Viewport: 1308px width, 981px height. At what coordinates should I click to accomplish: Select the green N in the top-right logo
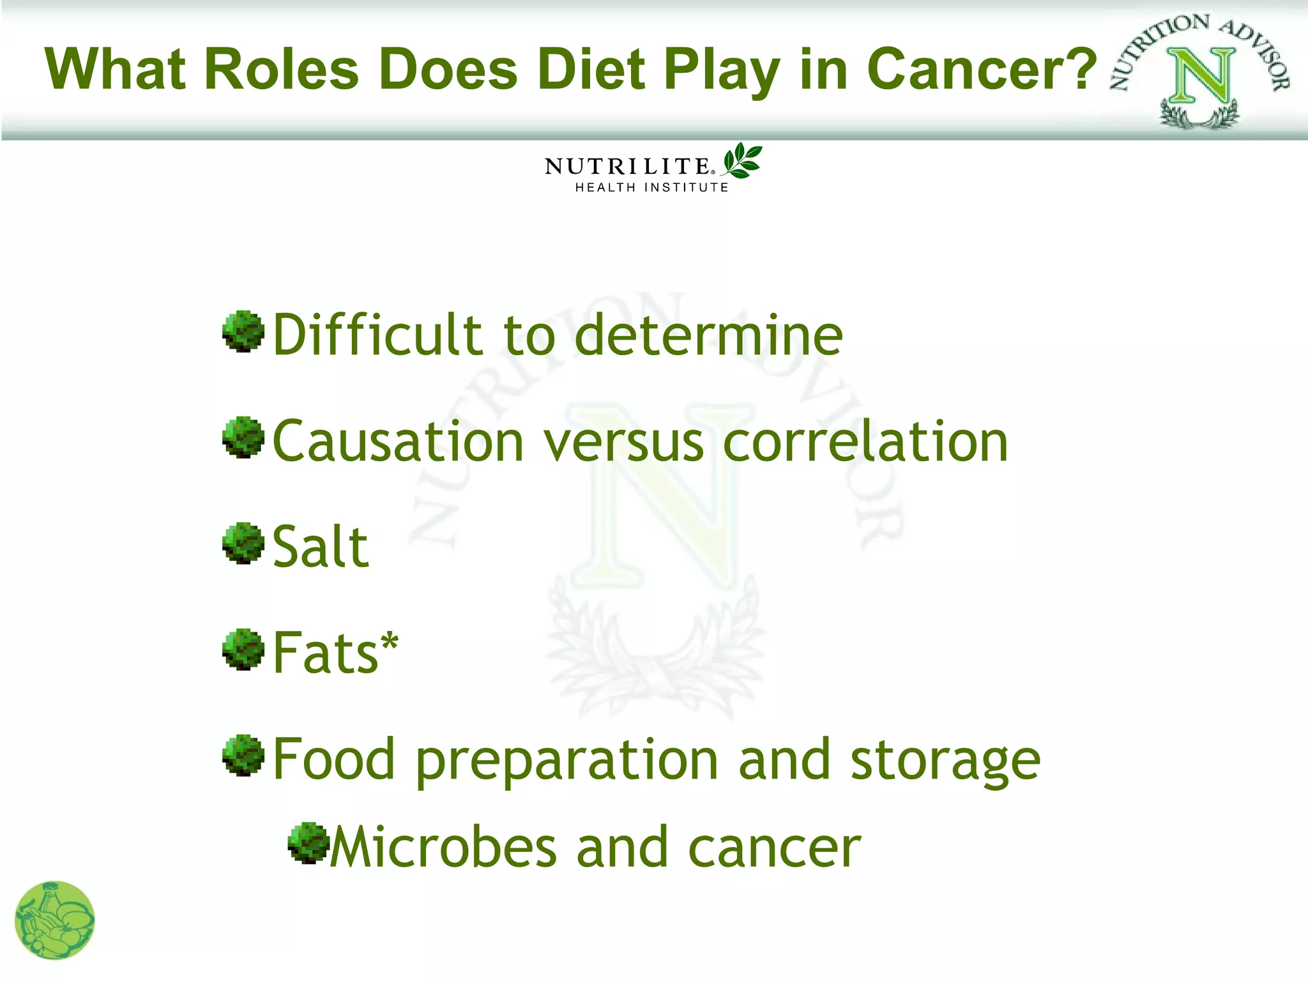(x=1201, y=77)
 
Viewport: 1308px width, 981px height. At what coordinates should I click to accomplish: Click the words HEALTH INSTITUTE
(x=651, y=188)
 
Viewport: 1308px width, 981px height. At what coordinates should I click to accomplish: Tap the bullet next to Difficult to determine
(x=243, y=331)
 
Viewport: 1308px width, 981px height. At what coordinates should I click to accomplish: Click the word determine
(x=709, y=335)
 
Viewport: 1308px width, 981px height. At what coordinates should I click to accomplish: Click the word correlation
(x=865, y=442)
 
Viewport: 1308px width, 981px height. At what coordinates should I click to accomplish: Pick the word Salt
(x=320, y=547)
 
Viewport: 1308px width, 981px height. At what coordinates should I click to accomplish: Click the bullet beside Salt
(x=243, y=543)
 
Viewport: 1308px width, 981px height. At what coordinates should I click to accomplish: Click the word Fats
(x=325, y=653)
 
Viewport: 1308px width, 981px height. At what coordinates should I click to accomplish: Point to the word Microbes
(x=443, y=848)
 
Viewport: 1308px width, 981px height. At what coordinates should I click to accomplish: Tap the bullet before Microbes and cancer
(x=308, y=843)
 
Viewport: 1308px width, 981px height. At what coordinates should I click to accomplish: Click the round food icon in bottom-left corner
(x=55, y=920)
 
